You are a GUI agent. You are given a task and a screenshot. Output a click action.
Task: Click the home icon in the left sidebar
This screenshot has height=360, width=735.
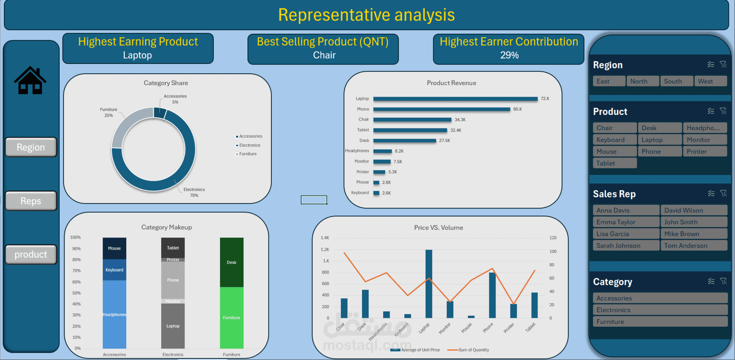(x=30, y=81)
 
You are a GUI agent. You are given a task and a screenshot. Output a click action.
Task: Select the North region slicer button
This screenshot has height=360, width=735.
(x=642, y=81)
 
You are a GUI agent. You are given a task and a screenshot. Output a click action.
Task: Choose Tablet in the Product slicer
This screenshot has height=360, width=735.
(x=614, y=163)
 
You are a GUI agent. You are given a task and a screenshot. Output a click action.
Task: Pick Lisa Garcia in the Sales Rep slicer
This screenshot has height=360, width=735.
(x=625, y=234)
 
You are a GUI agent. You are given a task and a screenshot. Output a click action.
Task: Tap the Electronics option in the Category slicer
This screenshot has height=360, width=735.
(x=660, y=310)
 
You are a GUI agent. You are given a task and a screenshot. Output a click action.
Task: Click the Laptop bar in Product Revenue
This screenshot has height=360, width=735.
(x=455, y=99)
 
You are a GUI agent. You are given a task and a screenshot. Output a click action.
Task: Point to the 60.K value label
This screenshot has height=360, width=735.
(x=517, y=109)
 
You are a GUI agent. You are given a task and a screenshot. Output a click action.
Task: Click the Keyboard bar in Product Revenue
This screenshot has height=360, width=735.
(x=376, y=193)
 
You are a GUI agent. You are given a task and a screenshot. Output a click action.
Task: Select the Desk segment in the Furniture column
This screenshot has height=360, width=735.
(x=232, y=262)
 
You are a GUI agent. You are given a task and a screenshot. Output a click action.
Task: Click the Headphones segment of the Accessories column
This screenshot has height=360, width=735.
(x=114, y=314)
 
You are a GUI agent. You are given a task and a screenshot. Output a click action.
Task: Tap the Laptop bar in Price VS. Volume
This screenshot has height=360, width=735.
(x=429, y=284)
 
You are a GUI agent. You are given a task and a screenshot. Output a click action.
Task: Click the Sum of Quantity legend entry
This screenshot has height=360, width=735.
(x=469, y=350)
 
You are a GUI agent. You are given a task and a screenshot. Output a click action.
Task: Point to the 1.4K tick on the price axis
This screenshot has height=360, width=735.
(x=325, y=238)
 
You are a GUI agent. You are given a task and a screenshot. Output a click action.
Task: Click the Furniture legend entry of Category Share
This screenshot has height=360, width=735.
(x=248, y=154)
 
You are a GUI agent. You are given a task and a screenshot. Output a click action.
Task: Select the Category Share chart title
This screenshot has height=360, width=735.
(x=166, y=83)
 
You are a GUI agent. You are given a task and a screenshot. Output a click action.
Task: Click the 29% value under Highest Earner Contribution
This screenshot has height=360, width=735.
(x=509, y=55)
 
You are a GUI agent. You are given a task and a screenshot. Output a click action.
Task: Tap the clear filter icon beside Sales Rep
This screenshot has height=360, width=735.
(x=723, y=193)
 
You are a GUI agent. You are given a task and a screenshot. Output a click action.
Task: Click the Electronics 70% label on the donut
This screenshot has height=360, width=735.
(x=194, y=192)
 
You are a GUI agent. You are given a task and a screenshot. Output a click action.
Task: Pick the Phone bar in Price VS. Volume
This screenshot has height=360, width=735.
(x=492, y=295)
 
